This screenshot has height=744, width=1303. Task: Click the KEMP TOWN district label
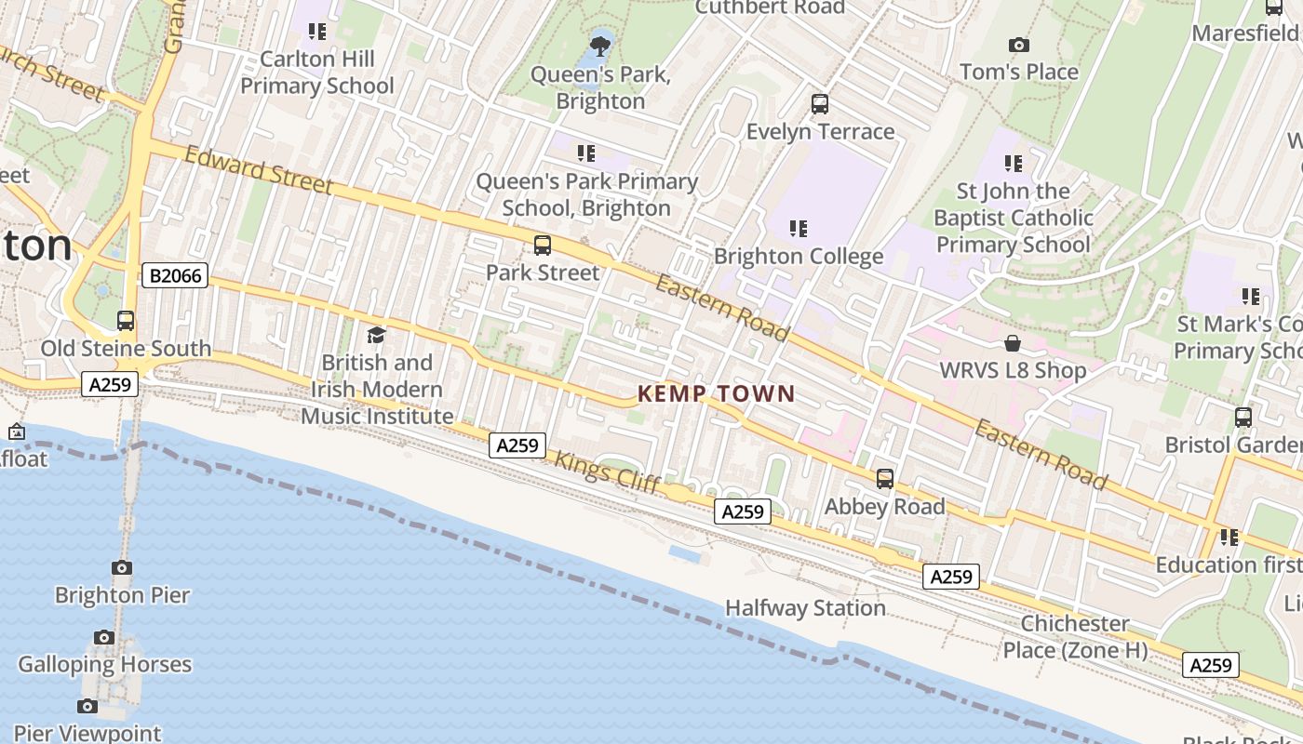tap(716, 393)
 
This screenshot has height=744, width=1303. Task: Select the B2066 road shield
tap(175, 275)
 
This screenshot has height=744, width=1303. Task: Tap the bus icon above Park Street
tap(542, 246)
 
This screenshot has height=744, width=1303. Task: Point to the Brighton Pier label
tap(122, 595)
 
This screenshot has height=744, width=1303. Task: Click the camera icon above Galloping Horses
tap(104, 638)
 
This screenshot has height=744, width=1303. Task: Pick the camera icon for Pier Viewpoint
tap(87, 707)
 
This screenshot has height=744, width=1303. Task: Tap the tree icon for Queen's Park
tap(600, 44)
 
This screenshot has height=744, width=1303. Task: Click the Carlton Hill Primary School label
tap(316, 73)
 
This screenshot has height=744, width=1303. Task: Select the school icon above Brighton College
tap(798, 228)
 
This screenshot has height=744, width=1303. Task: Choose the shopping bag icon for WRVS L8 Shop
tap(1013, 344)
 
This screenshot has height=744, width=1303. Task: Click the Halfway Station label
tap(805, 608)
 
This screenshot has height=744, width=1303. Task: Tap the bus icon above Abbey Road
tap(884, 479)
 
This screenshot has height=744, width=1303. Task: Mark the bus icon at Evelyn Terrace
tap(819, 104)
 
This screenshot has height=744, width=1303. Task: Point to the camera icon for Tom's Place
tap(1019, 45)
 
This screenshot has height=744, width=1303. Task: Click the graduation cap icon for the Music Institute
tap(376, 335)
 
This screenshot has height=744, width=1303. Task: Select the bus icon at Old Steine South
tap(126, 321)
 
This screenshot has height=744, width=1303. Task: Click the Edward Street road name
tap(259, 170)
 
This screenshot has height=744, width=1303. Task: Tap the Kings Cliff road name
tap(608, 472)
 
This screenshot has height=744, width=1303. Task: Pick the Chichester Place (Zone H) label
tap(1075, 637)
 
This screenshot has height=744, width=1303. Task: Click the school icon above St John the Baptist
tap(1013, 164)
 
